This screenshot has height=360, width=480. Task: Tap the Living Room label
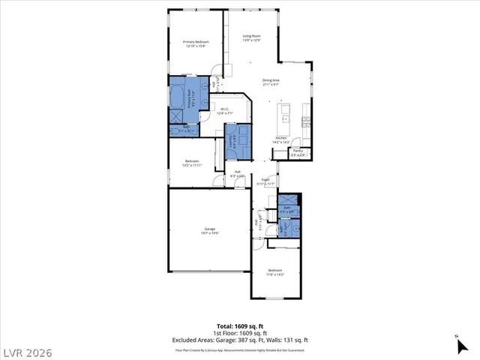tap(251, 36)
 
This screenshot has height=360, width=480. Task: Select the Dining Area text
tap(271, 80)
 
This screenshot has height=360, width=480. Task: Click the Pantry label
tap(298, 151)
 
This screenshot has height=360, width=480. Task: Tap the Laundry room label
tap(232, 136)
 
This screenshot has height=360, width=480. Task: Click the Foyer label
tap(265, 180)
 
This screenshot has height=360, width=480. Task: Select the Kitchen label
tap(281, 138)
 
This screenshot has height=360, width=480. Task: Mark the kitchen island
tap(285, 112)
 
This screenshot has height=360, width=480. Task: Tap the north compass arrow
tap(458, 345)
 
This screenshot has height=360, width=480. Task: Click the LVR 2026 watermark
tap(31, 350)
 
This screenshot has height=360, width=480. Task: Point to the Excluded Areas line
tap(240, 340)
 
